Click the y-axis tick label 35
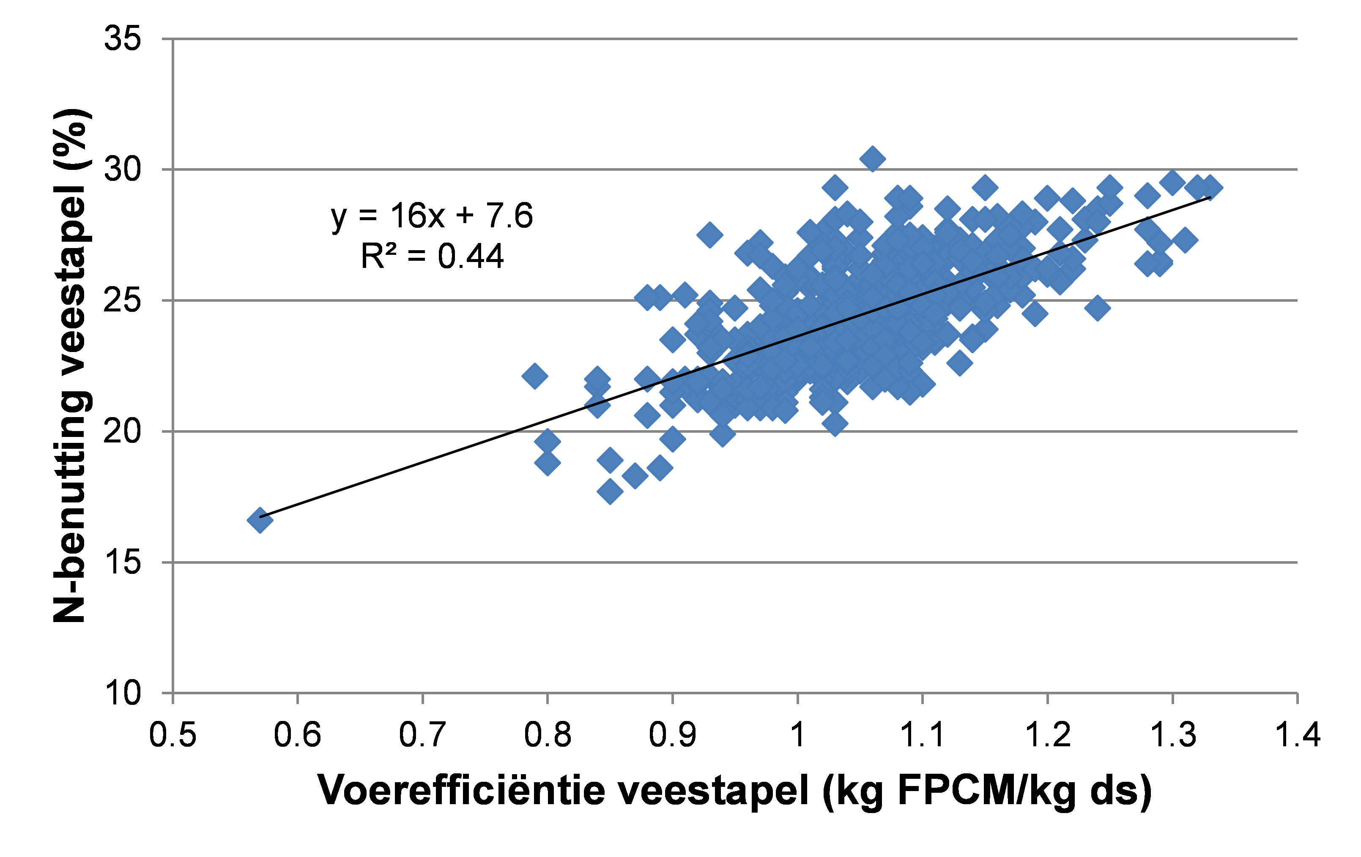click(122, 40)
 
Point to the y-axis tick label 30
click(122, 169)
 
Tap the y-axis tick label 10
click(122, 693)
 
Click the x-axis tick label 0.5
click(173, 735)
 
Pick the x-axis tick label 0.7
click(422, 735)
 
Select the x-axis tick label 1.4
click(1298, 735)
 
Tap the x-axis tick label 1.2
click(1048, 735)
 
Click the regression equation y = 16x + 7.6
click(432, 216)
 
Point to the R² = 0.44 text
click(432, 257)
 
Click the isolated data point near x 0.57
click(260, 520)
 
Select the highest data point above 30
click(872, 159)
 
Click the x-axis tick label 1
click(797, 735)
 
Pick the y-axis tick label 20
click(122, 431)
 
